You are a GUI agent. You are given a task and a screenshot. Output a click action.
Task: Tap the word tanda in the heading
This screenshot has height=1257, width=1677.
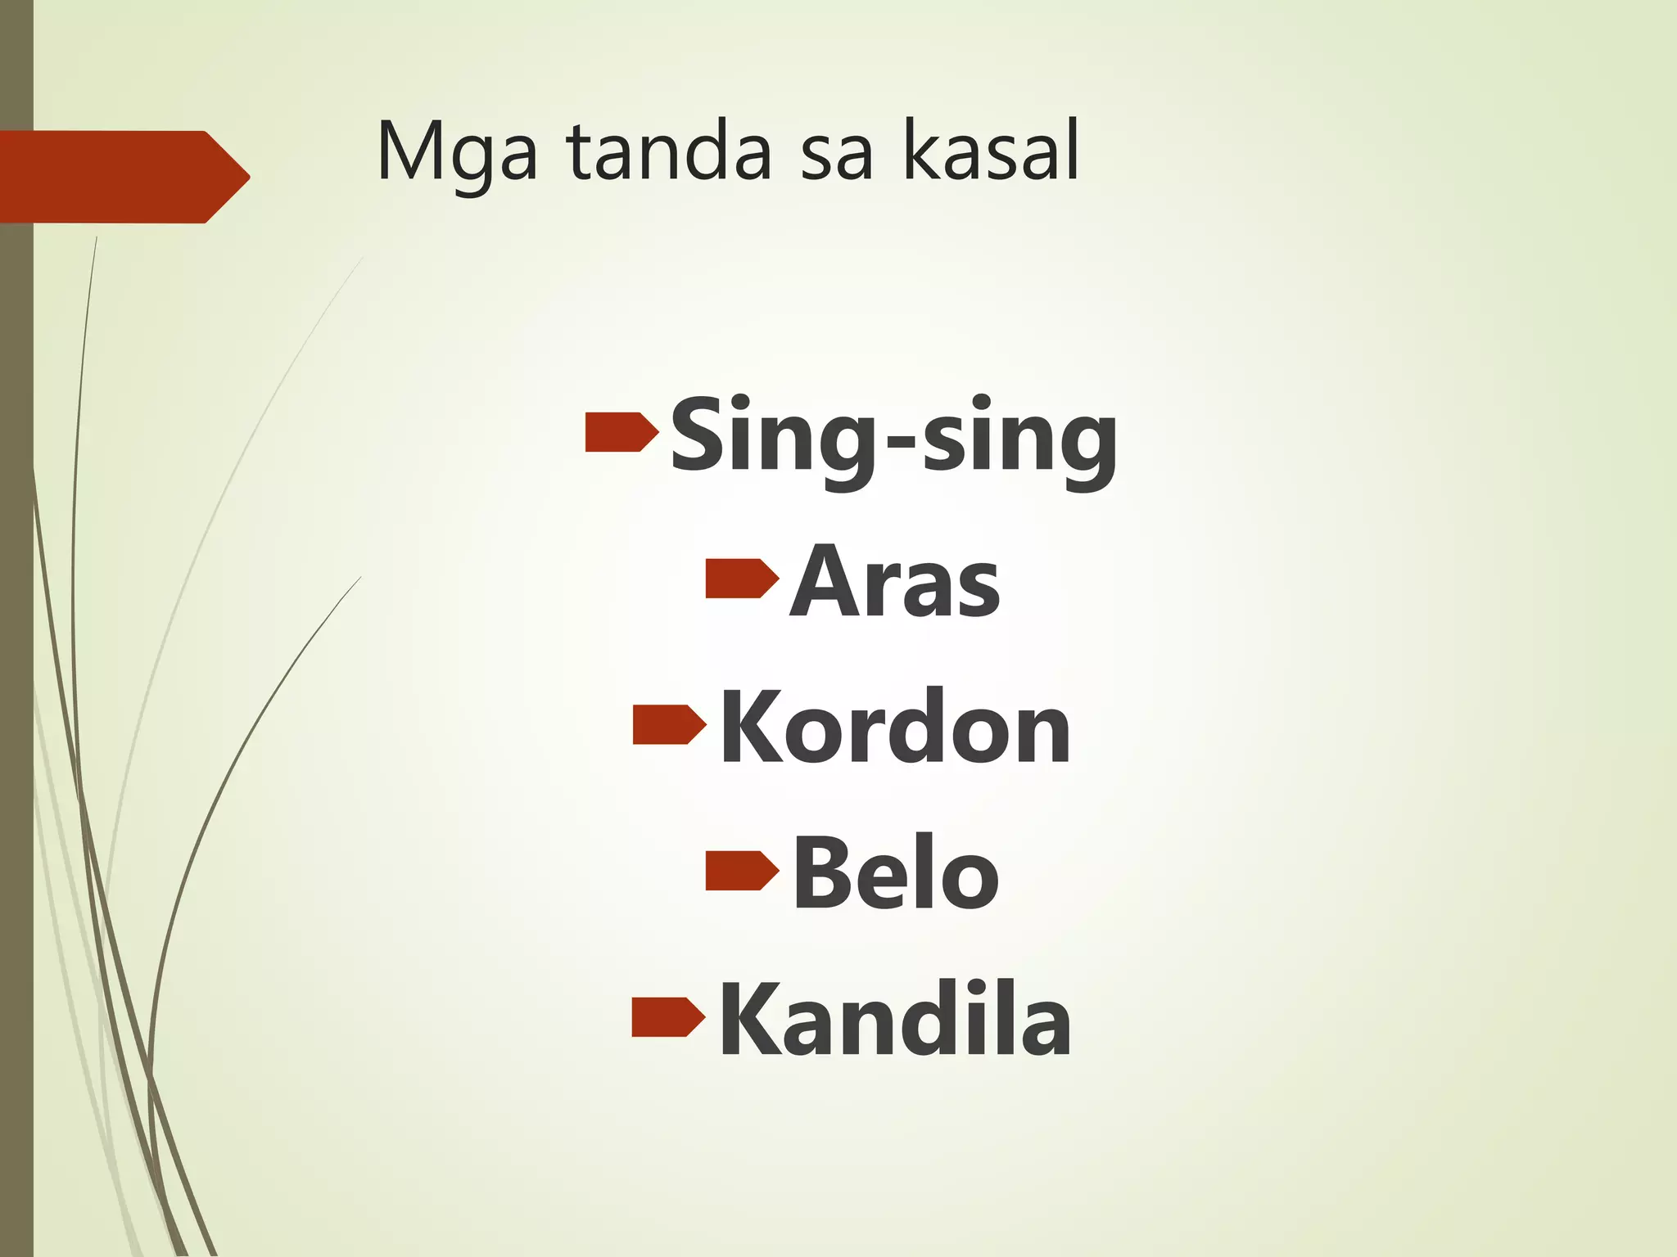click(x=668, y=151)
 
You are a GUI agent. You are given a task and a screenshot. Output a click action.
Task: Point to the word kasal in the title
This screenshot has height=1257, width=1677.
click(x=991, y=151)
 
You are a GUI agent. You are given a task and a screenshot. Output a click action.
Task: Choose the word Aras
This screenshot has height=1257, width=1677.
click(x=894, y=582)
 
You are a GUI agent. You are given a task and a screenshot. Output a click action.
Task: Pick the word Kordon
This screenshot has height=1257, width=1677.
click(x=895, y=728)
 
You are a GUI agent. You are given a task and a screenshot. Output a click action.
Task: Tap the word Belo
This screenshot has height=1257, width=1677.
click(x=895, y=873)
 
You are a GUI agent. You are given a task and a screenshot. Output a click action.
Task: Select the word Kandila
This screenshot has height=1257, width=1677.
click(x=895, y=1020)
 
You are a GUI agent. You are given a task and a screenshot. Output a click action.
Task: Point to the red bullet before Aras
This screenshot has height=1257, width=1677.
click(x=741, y=578)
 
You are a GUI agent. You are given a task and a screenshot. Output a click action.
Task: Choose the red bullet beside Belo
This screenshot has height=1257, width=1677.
click(x=741, y=870)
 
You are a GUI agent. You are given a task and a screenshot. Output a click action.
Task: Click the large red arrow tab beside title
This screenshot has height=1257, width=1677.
click(x=123, y=177)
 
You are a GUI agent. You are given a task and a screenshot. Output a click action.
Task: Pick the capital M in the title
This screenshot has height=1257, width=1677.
click(x=409, y=151)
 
